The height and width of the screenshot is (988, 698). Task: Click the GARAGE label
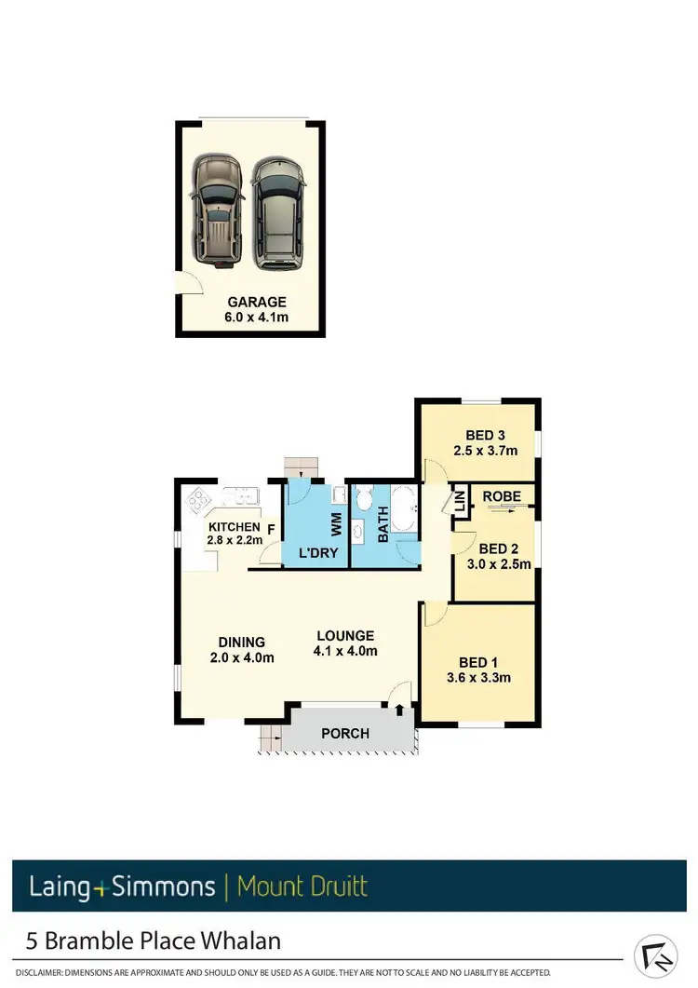click(x=257, y=302)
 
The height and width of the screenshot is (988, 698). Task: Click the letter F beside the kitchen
click(x=271, y=531)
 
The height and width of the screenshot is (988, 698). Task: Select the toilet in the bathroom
click(x=364, y=499)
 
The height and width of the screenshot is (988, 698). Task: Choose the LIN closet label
click(x=460, y=503)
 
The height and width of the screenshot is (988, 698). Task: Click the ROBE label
click(x=502, y=496)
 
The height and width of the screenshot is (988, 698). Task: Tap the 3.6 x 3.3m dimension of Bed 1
click(x=479, y=677)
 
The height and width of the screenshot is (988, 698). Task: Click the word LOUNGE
click(x=344, y=636)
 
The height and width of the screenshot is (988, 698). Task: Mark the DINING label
click(x=242, y=642)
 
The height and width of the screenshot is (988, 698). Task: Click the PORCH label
click(x=345, y=733)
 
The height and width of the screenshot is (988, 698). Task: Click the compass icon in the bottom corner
click(x=655, y=956)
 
